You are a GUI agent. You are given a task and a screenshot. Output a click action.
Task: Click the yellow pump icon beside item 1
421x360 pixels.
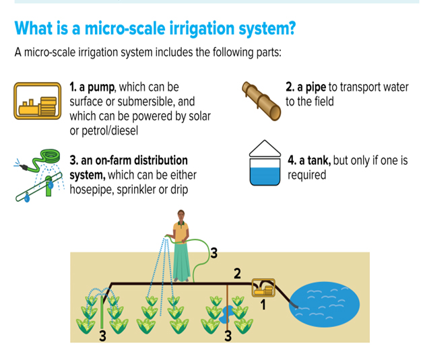37,101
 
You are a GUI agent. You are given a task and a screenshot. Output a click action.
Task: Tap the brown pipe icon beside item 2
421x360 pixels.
261,101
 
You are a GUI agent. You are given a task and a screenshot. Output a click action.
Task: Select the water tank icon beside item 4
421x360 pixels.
265,163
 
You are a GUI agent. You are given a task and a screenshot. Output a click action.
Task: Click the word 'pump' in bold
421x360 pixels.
101,87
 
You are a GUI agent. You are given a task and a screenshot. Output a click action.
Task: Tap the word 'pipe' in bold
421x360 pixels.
316,87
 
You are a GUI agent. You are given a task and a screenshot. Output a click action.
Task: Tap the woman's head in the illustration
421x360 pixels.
181,215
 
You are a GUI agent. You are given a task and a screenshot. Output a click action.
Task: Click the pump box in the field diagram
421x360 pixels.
263,288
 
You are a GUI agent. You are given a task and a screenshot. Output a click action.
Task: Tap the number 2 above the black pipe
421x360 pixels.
237,274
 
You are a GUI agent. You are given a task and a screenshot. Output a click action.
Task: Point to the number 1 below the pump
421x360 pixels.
263,305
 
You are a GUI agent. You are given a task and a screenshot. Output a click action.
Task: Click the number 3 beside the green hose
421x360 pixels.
214,253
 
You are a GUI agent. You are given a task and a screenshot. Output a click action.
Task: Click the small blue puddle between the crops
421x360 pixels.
225,315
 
